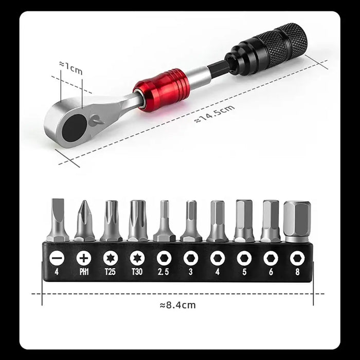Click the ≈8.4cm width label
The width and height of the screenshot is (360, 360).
177,304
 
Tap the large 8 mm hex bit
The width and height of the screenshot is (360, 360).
296,221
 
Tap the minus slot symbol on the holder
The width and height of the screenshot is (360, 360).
57,258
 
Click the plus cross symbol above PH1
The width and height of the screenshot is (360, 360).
83,258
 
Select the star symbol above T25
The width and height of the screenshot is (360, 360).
110,258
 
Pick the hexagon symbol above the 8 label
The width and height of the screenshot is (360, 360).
297,258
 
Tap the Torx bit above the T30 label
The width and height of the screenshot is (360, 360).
137,221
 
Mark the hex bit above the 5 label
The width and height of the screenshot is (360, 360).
244,221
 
